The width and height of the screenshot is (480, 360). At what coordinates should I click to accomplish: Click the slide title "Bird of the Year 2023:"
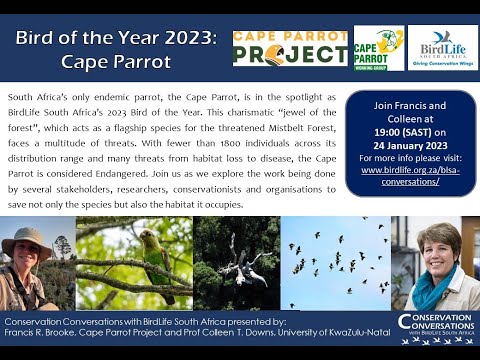tap(116, 38)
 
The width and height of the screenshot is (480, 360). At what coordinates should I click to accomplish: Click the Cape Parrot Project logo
tap(290, 48)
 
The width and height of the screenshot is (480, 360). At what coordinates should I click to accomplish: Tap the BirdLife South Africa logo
tap(442, 47)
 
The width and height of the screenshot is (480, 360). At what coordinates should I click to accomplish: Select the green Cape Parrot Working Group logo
tap(378, 48)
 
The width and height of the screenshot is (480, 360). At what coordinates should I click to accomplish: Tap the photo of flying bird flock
tap(336, 262)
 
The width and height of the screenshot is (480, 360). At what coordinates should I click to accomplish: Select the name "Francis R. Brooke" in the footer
tap(44, 336)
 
